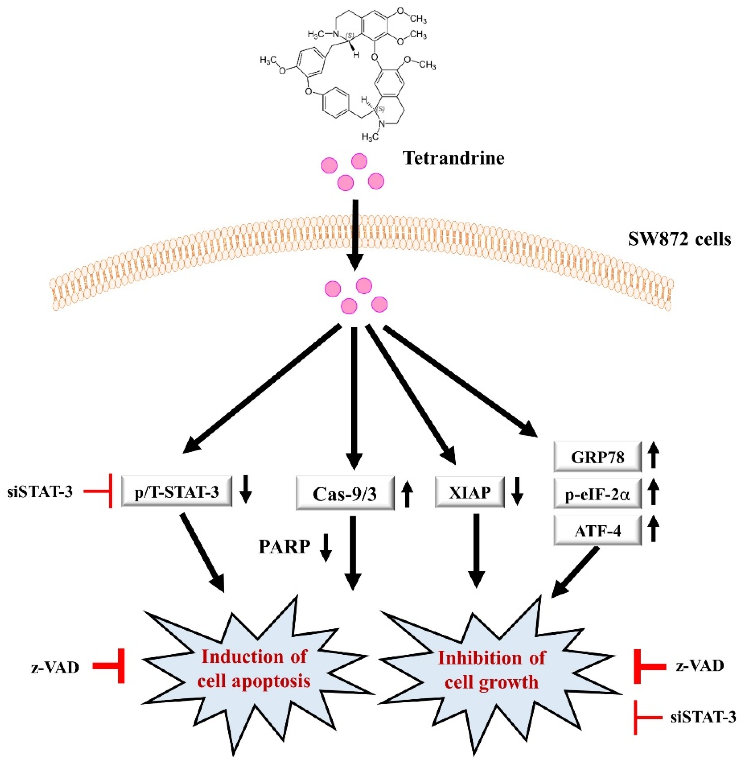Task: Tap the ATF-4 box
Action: click(x=597, y=531)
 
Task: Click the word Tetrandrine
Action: click(x=454, y=159)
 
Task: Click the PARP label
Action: click(x=284, y=547)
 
